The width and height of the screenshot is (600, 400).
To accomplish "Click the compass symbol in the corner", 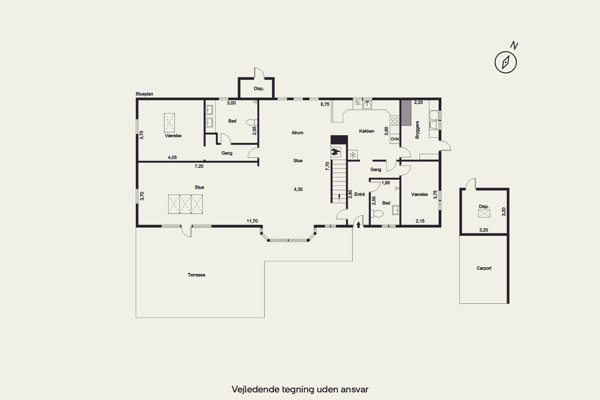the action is (x=506, y=62).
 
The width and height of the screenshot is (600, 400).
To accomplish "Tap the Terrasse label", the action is (x=196, y=275).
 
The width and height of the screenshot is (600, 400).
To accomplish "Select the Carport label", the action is (x=484, y=268).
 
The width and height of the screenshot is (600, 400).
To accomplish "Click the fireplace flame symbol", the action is (x=336, y=152).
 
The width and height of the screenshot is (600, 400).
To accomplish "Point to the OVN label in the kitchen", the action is (x=395, y=139).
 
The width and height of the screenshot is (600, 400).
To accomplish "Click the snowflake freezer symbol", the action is (x=353, y=155).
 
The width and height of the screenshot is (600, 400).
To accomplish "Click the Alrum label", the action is (x=297, y=133).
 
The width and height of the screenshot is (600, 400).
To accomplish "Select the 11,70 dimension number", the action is (x=252, y=221).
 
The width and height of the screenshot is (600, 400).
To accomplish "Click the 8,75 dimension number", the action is (x=325, y=104).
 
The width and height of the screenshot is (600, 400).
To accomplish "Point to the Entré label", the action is (x=359, y=194).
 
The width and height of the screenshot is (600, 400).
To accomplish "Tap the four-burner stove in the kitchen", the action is (x=395, y=121).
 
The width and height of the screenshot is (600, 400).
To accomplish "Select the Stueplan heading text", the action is (x=144, y=94).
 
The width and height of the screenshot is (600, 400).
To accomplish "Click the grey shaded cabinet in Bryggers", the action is (x=406, y=113).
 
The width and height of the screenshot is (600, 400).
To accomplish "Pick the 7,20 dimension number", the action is (x=199, y=166).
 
